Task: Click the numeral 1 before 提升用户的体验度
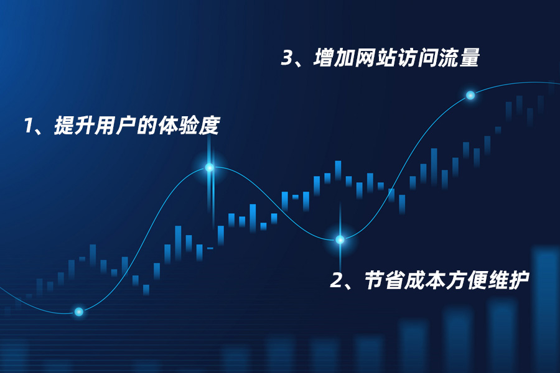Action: [x=27, y=126]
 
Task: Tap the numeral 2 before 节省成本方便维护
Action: [x=337, y=281]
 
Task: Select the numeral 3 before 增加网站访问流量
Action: [x=287, y=58]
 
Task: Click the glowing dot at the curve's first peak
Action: [x=210, y=167]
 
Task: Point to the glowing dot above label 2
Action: [x=340, y=239]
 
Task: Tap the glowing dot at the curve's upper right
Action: [x=470, y=95]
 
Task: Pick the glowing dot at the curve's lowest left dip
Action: [x=79, y=311]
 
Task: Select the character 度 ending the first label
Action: [x=210, y=126]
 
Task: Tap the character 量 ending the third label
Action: [x=469, y=58]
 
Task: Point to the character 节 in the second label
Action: [x=375, y=281]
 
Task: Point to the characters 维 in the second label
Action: [x=498, y=281]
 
